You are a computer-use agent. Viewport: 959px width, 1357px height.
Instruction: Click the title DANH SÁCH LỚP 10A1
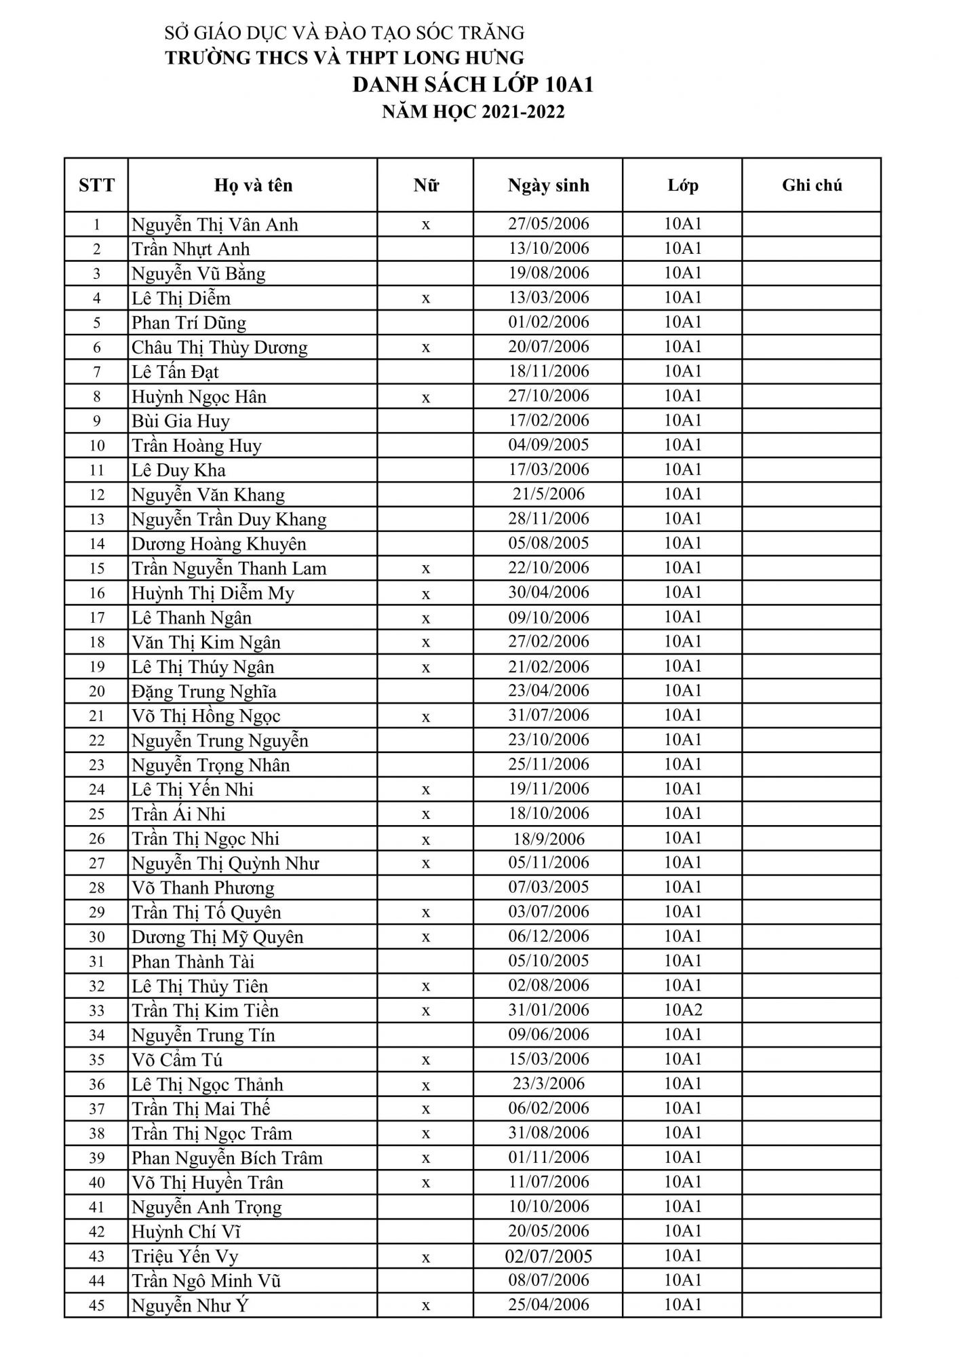point(473,85)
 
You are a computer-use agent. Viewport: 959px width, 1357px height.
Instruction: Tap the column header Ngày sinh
point(548,185)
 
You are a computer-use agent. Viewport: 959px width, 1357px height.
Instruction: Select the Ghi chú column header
point(811,185)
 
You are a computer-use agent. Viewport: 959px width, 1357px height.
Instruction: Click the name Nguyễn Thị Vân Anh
point(214,225)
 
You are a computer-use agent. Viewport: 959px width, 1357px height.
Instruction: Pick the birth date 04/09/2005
point(548,445)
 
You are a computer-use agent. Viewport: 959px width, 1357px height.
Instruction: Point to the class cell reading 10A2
point(682,1010)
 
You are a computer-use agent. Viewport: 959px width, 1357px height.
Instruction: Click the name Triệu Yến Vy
point(184,1256)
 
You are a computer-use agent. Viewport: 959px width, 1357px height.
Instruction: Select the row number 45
point(96,1305)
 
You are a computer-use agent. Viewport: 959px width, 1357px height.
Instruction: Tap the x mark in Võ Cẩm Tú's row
point(425,1060)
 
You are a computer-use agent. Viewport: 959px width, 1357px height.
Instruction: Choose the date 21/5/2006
point(548,494)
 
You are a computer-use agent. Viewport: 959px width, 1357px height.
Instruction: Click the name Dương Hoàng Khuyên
point(218,544)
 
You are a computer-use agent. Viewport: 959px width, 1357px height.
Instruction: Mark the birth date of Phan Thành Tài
point(548,961)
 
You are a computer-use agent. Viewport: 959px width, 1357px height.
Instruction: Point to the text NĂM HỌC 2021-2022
point(473,112)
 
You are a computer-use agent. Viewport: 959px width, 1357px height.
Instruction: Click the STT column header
point(96,185)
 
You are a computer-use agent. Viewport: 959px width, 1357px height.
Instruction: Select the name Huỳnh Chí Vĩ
point(186,1231)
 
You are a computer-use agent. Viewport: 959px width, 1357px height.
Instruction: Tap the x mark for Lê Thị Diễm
point(425,299)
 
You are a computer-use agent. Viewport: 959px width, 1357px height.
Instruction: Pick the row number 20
point(96,691)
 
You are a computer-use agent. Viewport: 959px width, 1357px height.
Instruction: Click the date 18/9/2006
point(548,839)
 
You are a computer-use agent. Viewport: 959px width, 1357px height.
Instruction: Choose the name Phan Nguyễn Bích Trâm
point(227,1158)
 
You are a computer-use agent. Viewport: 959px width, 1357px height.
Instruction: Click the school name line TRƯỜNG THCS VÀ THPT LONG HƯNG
point(345,58)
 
